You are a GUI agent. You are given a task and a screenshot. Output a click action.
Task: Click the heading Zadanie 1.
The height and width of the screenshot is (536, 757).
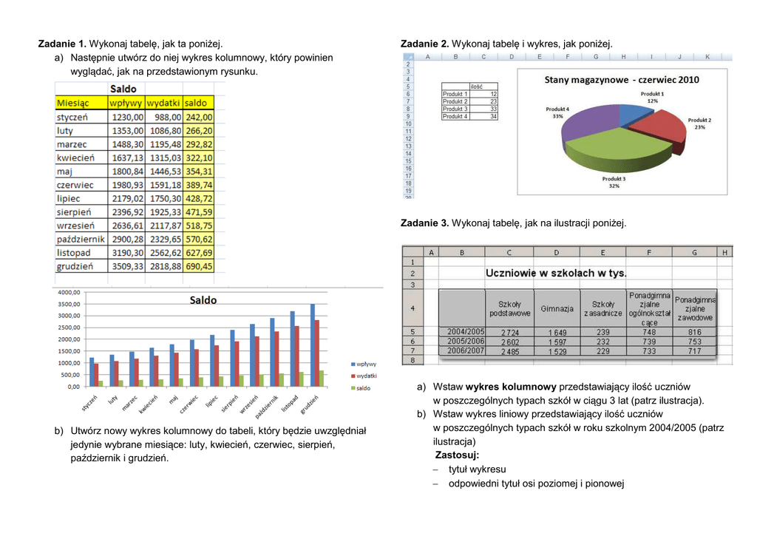62,44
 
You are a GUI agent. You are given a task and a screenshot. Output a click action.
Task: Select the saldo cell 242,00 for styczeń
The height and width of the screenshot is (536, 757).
199,117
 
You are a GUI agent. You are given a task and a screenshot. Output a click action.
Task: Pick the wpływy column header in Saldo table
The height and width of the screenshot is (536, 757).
126,103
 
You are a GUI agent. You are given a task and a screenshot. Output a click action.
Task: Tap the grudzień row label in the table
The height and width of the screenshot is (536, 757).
75,266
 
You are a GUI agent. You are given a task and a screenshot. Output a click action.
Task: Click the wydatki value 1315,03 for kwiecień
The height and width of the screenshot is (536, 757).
164,157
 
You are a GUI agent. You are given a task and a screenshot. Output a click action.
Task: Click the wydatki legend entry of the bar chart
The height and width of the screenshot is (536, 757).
365,376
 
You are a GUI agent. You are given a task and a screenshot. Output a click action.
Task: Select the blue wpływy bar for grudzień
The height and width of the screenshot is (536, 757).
312,345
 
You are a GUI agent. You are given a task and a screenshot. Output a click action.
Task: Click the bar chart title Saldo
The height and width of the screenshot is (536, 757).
203,300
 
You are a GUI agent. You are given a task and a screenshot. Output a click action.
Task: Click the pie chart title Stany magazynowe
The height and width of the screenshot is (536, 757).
621,79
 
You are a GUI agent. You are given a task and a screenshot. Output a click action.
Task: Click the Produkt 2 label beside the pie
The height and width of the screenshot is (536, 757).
699,120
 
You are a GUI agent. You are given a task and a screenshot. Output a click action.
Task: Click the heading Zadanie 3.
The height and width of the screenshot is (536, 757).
424,223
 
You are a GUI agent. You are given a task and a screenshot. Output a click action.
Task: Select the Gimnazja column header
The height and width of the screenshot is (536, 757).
557,308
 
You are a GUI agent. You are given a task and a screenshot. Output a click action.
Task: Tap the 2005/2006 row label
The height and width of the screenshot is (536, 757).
465,342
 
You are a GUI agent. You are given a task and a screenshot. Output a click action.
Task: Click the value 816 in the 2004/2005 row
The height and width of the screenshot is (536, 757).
694,333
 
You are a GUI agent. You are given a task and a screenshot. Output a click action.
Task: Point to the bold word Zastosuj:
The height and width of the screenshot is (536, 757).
457,455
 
